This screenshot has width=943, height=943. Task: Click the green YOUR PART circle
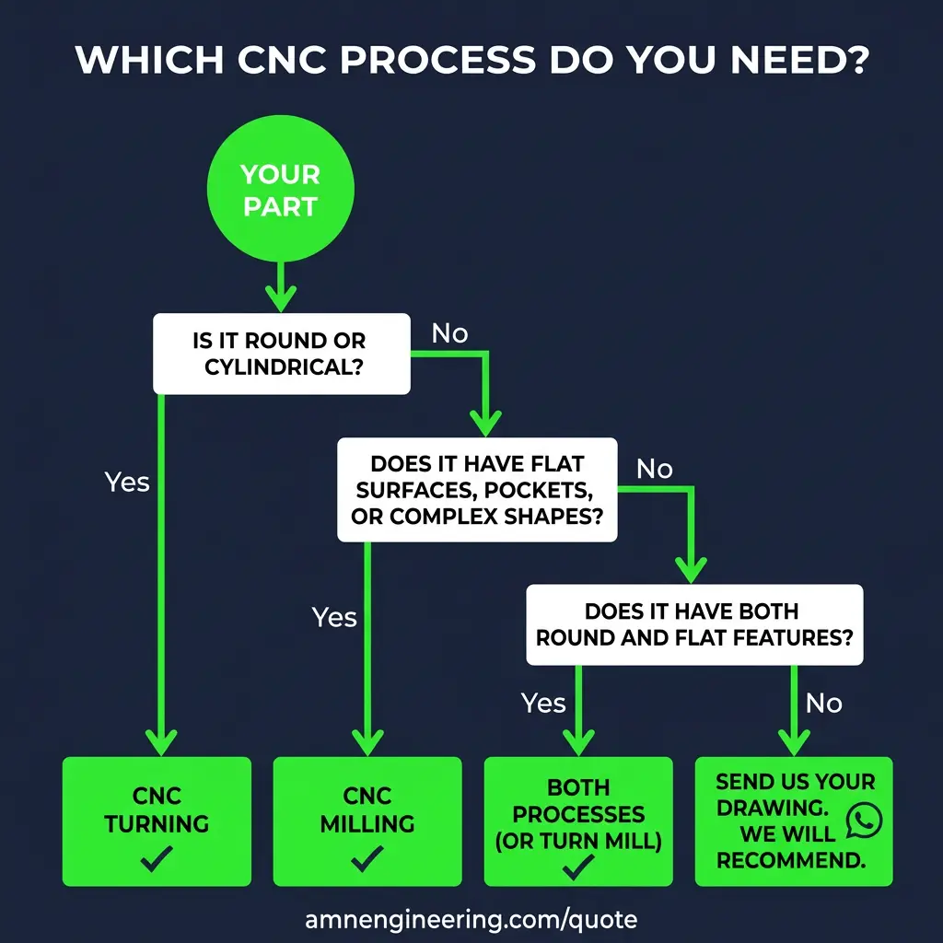(280, 191)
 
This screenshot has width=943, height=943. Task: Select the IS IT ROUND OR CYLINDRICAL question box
(280, 354)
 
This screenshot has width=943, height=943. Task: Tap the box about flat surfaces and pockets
(476, 490)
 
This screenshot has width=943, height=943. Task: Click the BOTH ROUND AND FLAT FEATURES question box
(693, 624)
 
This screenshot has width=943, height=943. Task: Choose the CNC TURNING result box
(156, 821)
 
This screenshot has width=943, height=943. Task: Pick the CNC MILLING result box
(367, 821)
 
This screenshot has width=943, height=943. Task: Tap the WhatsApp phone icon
(863, 820)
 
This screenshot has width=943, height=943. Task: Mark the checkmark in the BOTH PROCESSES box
(579, 866)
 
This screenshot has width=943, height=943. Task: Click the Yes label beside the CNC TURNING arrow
(127, 482)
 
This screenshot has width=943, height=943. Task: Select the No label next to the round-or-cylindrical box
(449, 333)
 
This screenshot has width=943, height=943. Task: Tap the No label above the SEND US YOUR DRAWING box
(823, 704)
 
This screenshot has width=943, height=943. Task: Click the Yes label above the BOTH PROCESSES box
(543, 704)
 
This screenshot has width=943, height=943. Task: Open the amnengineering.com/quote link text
(471, 918)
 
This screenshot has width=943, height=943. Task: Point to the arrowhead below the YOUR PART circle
(280, 297)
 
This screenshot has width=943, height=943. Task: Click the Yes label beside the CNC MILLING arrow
(334, 617)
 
